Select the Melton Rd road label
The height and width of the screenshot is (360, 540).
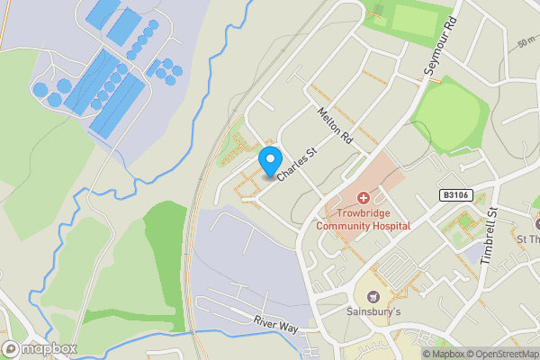click(334, 126)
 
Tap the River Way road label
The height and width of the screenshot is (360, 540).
click(275, 324)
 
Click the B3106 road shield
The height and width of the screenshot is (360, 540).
click(456, 194)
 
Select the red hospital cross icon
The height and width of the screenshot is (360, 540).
click(364, 197)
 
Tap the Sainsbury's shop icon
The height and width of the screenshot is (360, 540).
click(373, 296)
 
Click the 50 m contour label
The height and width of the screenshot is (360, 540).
click(526, 42)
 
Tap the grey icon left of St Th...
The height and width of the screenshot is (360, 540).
click(537, 222)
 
